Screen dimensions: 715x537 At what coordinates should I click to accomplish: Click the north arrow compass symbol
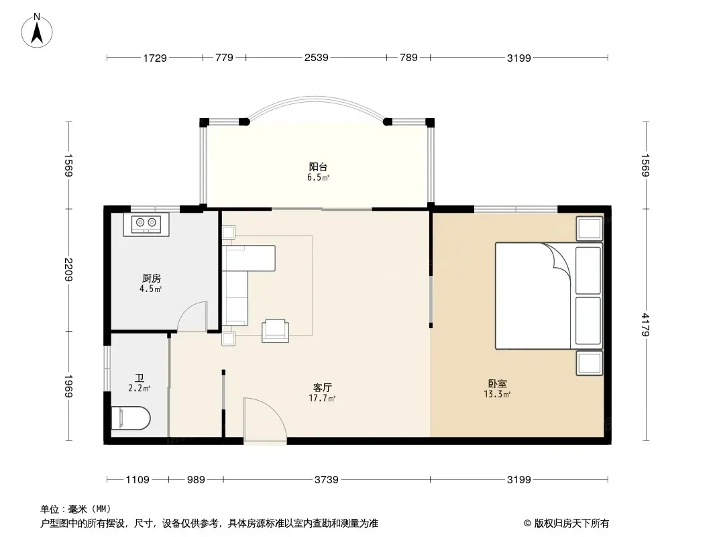(x=37, y=31)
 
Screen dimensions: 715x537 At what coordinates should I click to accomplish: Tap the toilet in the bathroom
(x=131, y=418)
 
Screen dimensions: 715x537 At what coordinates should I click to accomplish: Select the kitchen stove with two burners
(x=146, y=224)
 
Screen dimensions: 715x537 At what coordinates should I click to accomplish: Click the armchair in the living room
(x=275, y=331)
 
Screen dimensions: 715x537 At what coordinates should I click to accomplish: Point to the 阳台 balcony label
(x=318, y=167)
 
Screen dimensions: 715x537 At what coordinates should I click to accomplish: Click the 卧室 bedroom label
(x=498, y=384)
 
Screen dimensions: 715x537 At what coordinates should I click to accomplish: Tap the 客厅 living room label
(x=323, y=388)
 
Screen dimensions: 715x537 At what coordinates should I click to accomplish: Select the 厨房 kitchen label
(x=152, y=279)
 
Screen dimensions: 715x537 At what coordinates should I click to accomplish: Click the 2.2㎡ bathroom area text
(x=139, y=389)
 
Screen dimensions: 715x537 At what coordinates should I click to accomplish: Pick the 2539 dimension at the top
(x=317, y=58)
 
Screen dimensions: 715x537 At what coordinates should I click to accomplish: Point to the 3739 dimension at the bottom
(x=327, y=479)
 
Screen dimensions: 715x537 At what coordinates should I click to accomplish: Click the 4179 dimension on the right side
(x=645, y=324)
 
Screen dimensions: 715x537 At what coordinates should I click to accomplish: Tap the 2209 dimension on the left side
(x=69, y=270)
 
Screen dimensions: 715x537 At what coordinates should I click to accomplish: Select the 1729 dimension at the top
(x=155, y=58)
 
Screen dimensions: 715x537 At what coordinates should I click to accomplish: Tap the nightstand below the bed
(x=590, y=363)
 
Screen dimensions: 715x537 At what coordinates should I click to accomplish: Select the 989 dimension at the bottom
(x=196, y=479)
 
